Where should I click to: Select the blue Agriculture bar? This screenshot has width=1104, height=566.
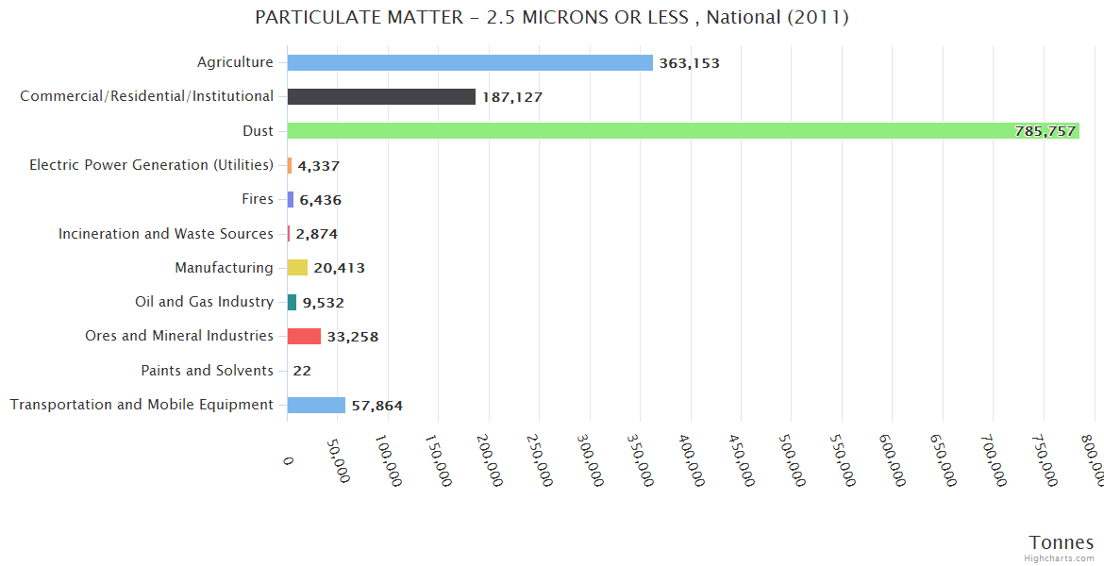click(470, 62)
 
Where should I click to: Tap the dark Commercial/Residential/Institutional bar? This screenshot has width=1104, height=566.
click(381, 97)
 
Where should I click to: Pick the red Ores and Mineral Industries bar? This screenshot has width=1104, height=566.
click(304, 336)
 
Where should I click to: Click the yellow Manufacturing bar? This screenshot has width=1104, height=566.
click(297, 268)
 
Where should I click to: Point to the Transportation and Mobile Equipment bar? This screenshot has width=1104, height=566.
click(316, 405)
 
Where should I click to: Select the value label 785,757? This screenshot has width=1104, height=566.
click(1045, 131)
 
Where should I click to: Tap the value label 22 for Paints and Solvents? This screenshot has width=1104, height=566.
click(302, 371)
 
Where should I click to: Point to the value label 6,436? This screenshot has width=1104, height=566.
click(320, 200)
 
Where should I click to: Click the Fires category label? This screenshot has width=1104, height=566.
click(258, 199)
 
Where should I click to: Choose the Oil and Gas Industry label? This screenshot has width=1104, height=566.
click(204, 302)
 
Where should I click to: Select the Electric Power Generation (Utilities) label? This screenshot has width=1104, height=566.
click(151, 165)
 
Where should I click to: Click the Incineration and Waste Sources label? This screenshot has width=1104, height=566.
click(165, 233)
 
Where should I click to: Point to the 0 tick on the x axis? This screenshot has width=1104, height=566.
click(289, 460)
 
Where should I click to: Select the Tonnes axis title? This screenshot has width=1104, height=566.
click(1061, 542)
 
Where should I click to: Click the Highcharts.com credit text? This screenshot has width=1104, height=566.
click(1061, 558)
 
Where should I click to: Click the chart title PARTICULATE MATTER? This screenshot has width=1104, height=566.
click(552, 17)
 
